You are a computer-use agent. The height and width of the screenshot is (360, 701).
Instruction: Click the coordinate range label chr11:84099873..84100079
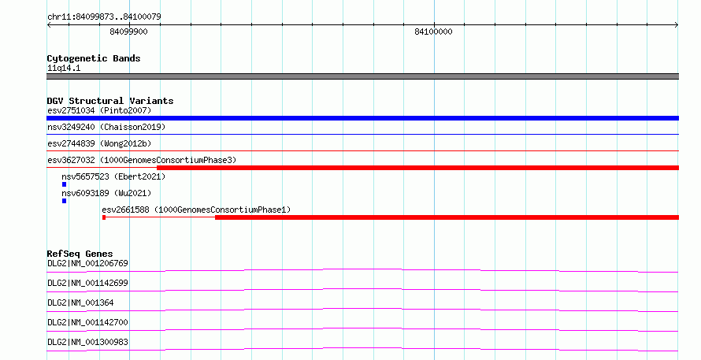coord(104,17)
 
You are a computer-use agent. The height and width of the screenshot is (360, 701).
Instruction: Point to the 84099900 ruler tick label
coord(128,32)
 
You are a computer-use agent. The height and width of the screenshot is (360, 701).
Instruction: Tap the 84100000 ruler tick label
coord(433,32)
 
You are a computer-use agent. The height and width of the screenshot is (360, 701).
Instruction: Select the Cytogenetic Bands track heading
coord(94,58)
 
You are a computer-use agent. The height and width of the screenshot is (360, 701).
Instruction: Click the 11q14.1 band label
coord(64,68)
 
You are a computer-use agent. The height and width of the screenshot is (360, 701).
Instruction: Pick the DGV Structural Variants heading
coord(110,101)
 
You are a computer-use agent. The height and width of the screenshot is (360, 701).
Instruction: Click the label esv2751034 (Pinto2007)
coord(99,110)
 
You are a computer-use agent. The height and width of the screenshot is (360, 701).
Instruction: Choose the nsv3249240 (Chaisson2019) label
coord(106,127)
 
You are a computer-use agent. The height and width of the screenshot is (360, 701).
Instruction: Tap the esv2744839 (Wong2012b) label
coord(99,143)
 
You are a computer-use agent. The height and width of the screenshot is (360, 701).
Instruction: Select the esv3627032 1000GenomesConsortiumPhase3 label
coord(142,160)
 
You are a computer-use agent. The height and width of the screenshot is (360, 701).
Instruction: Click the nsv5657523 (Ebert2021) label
coord(113,176)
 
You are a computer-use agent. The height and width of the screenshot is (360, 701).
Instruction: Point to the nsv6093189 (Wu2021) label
coord(106,193)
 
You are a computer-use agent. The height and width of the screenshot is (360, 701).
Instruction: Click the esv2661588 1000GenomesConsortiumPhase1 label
coord(196,210)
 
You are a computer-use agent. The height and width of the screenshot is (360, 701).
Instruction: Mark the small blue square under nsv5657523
coord(65,184)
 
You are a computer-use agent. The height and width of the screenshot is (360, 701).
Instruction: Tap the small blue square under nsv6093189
coord(65,201)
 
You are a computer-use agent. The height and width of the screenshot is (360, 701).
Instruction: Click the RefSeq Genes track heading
coord(80,254)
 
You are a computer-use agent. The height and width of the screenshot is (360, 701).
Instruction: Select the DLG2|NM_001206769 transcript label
coord(87,263)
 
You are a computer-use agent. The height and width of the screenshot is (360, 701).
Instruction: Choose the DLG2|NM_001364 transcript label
coord(80,302)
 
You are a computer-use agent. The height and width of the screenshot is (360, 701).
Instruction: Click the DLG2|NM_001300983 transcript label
coord(87,342)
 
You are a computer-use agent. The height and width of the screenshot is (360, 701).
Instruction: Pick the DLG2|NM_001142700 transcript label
coord(87,322)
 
